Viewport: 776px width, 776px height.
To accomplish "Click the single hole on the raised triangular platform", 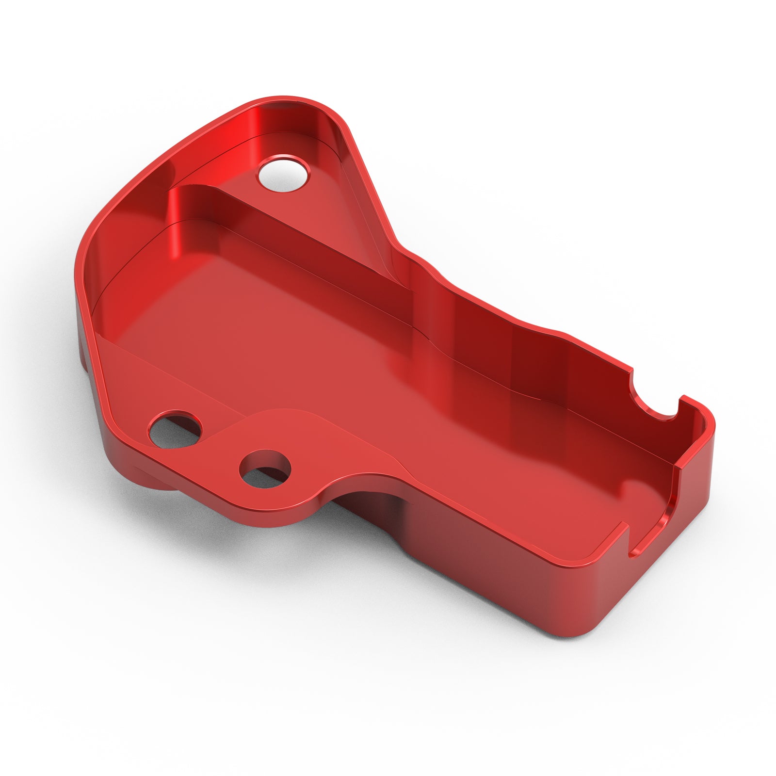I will click(x=284, y=174).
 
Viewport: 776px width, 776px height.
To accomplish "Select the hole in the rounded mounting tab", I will click(x=265, y=469).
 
